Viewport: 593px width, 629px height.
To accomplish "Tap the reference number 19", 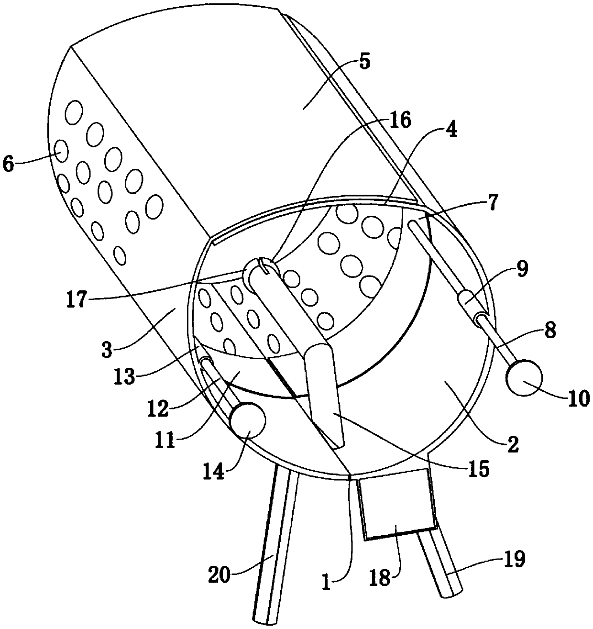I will point(514,558).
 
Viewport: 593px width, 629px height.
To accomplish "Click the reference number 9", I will point(522,269).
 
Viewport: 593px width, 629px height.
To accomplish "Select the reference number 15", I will point(479,469).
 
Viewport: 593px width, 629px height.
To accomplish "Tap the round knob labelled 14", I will point(248,420).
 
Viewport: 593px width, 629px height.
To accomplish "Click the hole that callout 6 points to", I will point(61,151).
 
